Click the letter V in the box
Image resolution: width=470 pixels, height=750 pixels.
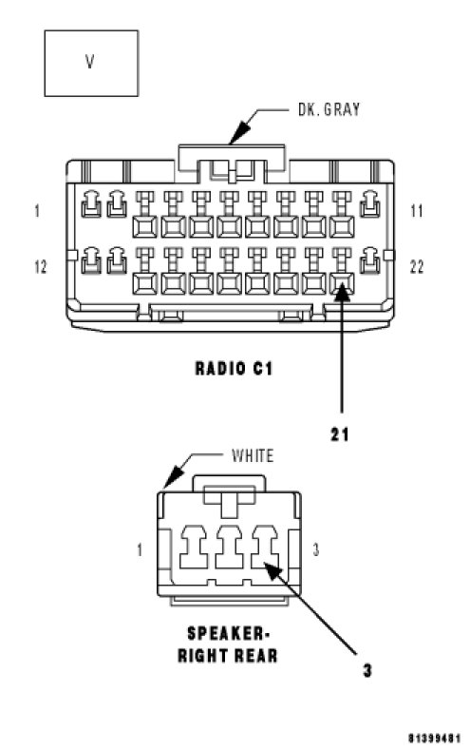90,61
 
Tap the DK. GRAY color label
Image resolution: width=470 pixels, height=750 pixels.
329,109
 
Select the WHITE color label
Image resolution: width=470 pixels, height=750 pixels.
253,455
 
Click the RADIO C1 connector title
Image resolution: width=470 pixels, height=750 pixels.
234,368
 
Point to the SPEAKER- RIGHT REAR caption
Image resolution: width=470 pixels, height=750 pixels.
228,644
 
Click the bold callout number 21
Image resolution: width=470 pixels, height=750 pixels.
340,434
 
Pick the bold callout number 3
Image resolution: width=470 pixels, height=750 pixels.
367,670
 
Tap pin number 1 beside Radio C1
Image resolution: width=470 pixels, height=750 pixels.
37,211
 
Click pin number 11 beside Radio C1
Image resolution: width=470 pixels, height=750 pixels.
417,211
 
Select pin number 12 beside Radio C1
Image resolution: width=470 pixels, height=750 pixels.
41,266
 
